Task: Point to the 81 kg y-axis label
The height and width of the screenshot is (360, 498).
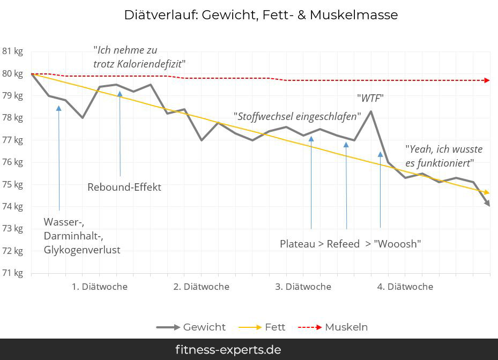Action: pos(13,51)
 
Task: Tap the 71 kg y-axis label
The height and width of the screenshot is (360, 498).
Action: pos(13,273)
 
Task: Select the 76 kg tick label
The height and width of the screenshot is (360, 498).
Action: pos(13,162)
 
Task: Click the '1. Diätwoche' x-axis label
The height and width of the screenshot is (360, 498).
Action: pos(100,287)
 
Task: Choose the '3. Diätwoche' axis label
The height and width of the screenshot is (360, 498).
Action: pos(303,287)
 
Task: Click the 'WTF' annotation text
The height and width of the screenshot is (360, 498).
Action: pos(370,98)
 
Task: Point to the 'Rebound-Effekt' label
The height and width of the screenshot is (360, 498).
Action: pos(124,187)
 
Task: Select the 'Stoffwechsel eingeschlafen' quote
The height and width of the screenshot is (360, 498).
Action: pos(297,116)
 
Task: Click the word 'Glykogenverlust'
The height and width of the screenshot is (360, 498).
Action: pos(82,250)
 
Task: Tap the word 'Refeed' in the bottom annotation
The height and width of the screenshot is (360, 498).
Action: pos(343,244)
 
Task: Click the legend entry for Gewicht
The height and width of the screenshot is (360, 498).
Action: pos(204,327)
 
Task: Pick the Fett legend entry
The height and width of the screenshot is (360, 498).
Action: pos(274,327)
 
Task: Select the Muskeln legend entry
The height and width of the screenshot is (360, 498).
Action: pos(346,327)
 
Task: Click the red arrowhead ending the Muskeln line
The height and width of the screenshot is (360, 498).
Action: pos(487,80)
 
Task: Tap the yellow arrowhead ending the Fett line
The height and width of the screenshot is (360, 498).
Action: pos(487,192)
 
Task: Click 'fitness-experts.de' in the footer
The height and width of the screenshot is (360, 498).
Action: pos(228,350)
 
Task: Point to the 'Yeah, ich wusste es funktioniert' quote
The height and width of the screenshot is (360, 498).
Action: pos(443,156)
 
